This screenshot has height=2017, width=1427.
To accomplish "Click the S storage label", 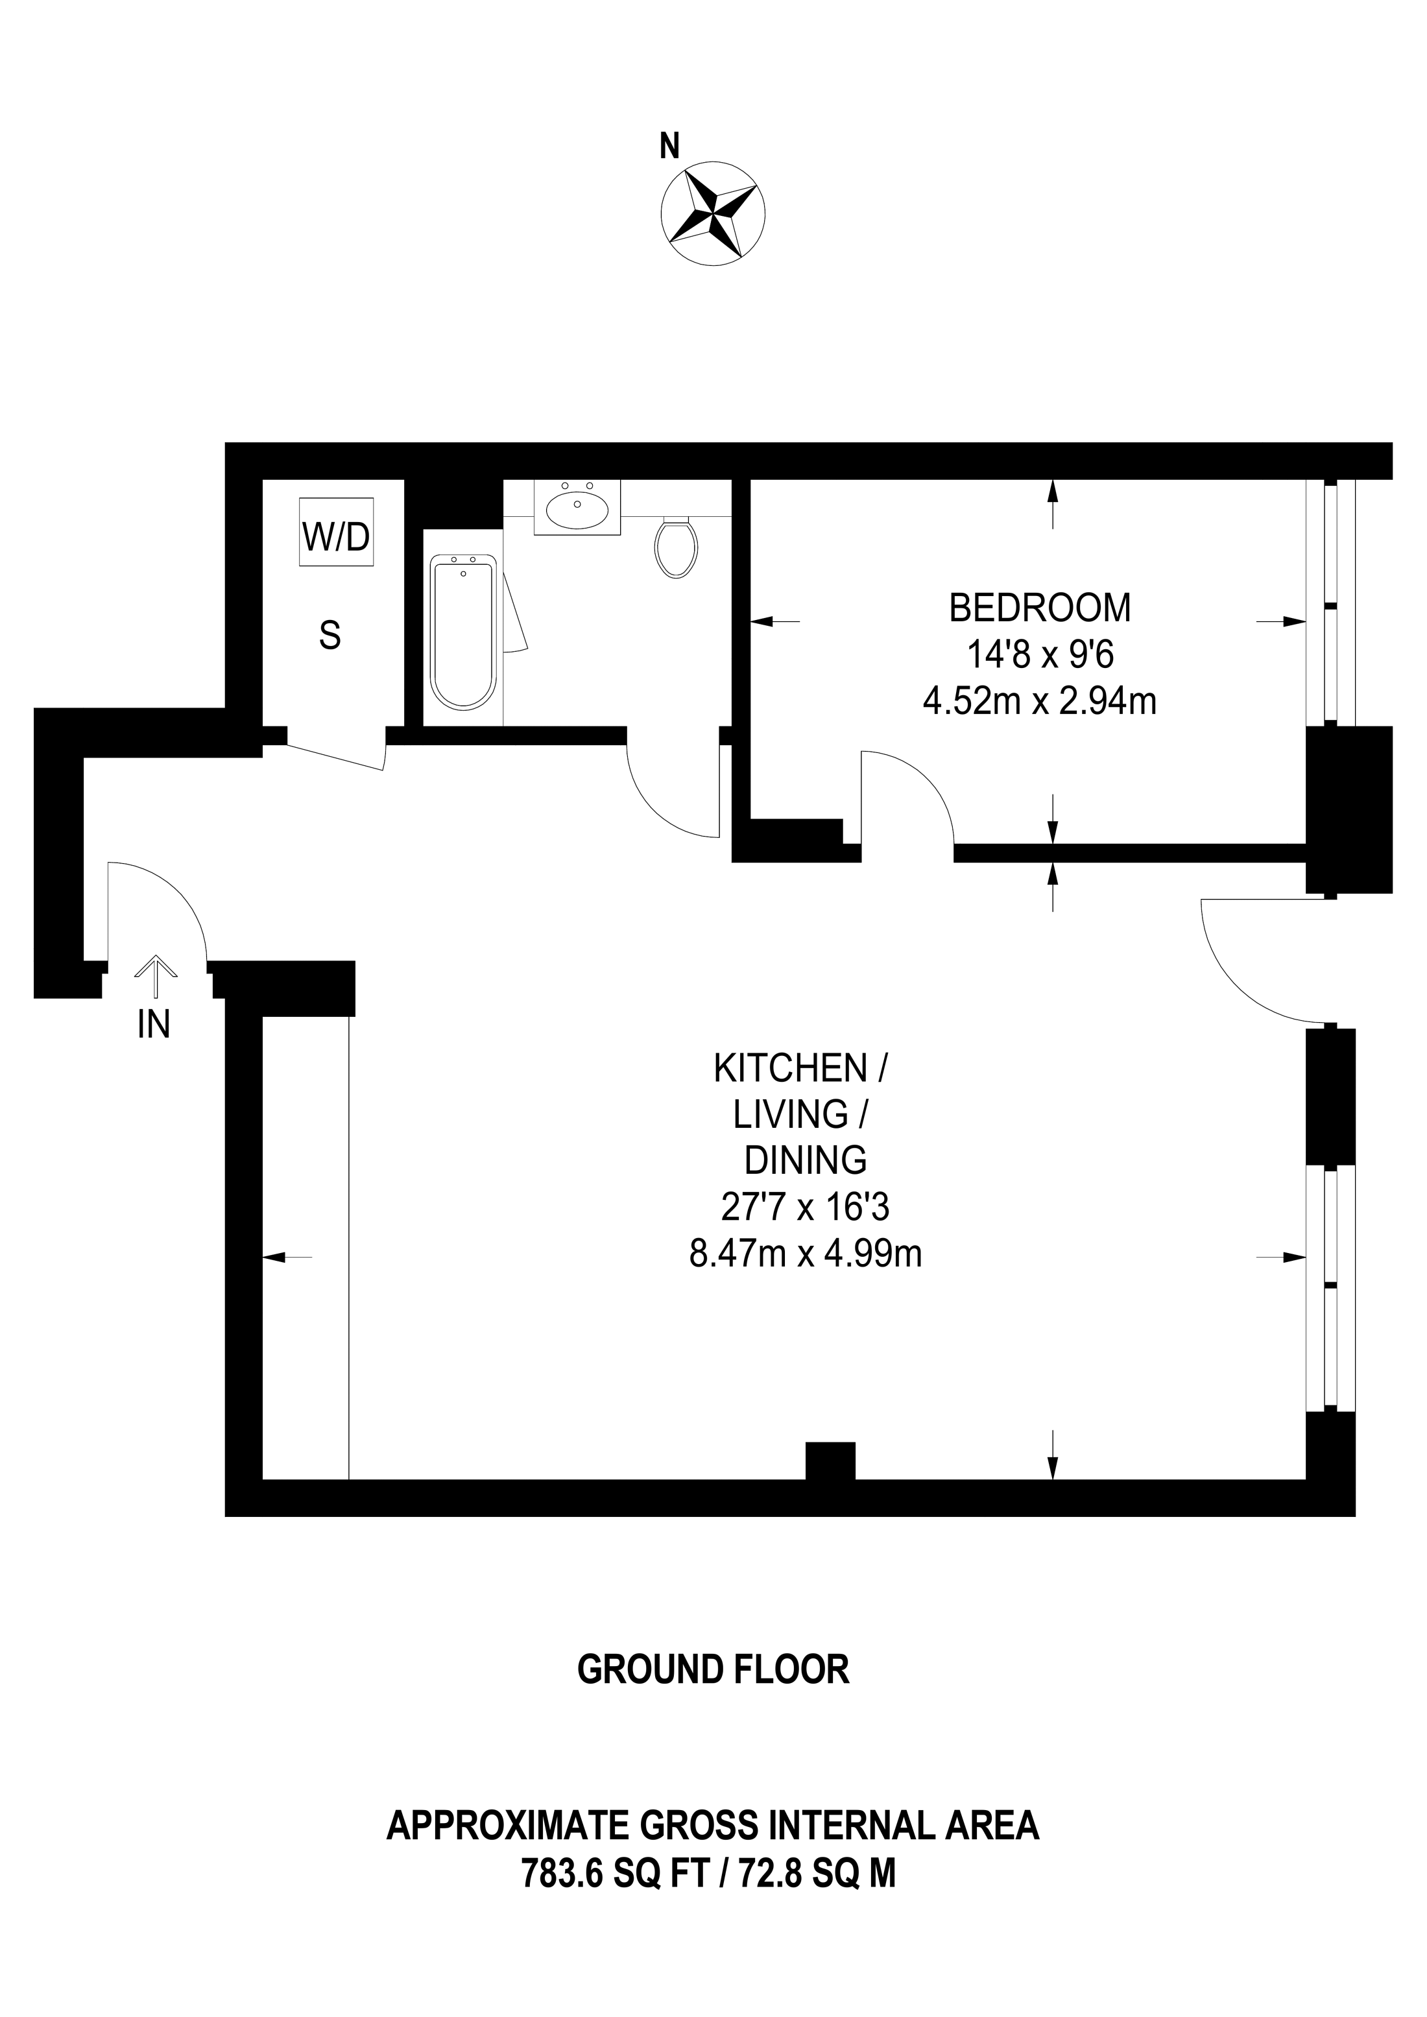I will point(330,634).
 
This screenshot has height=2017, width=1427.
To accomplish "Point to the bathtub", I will point(464,632).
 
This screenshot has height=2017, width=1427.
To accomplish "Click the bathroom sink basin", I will point(577,507).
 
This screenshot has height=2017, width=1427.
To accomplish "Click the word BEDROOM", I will point(1040,608).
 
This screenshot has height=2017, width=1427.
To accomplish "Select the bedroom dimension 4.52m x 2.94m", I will point(1040,701).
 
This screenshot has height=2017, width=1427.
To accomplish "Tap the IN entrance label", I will point(154,1024).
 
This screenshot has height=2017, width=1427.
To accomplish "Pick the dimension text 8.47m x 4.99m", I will point(805,1254).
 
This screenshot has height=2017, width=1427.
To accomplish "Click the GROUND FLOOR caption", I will point(713,1670).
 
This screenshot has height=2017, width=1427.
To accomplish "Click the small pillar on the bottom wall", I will point(830,1461).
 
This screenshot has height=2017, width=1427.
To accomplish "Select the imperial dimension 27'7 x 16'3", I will point(805,1207).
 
